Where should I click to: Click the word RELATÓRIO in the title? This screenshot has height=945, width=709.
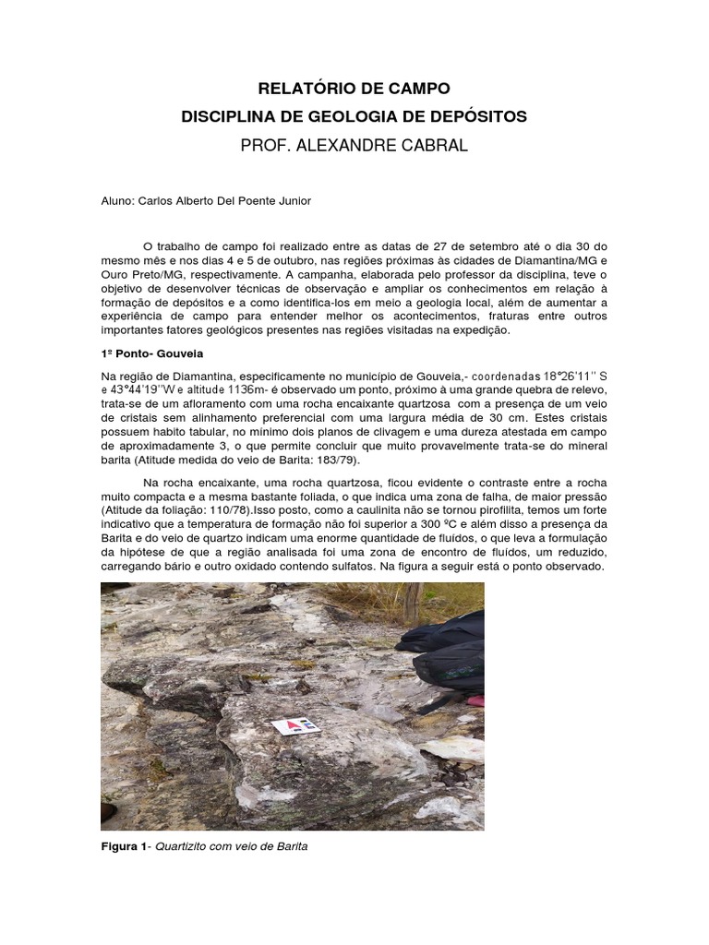point(302,90)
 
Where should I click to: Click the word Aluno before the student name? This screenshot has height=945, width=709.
point(116,200)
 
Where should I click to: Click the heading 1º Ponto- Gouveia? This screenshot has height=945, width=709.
point(150,353)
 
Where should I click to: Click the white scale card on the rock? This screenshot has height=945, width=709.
point(295,725)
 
